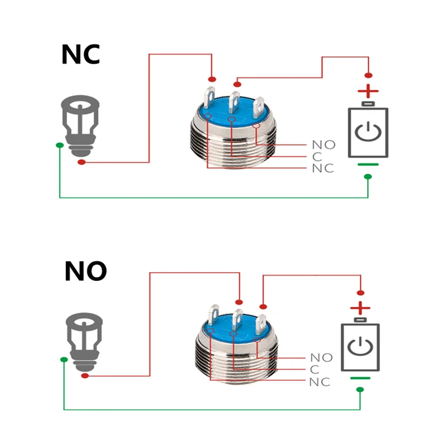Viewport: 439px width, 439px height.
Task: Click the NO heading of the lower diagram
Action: coord(85,271)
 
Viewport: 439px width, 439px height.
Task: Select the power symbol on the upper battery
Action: coord(368,132)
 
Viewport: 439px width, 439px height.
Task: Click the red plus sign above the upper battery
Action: coord(368,91)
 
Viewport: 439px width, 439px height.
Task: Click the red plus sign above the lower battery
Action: coord(361,307)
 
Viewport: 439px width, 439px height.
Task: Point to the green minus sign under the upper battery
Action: coord(368,164)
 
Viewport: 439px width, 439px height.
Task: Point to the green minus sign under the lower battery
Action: coord(361,378)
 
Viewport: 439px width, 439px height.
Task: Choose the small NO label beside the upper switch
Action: coord(323,145)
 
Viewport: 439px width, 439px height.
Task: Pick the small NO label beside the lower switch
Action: coord(322,358)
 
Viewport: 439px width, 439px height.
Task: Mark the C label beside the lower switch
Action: coord(314,370)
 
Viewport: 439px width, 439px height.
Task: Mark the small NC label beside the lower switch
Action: coord(320,382)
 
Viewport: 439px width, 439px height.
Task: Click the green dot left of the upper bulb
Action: coord(59,145)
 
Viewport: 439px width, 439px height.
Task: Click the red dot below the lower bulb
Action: coord(86,376)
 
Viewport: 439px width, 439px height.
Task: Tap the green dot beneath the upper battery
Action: coord(368,177)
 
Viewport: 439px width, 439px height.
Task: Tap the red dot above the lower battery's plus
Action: coord(361,292)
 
